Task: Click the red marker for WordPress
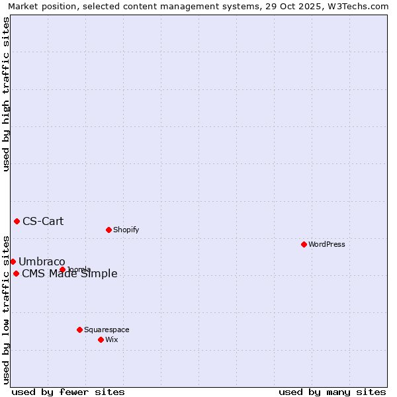[x=304, y=244]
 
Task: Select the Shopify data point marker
[x=109, y=230]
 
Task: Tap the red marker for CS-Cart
[x=17, y=221]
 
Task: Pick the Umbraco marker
[x=13, y=261]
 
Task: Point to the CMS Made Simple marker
[x=16, y=273]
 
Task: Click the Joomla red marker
[x=62, y=269]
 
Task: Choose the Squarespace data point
[x=79, y=330]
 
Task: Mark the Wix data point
[x=101, y=339]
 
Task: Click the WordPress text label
[x=327, y=244]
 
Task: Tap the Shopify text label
[x=126, y=230]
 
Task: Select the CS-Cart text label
[x=43, y=221]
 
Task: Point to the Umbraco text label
[x=42, y=261]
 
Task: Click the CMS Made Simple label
[x=69, y=274]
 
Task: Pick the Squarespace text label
[x=107, y=330]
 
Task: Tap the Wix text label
[x=111, y=339]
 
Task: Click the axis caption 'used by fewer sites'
[x=68, y=392]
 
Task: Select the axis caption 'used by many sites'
[x=332, y=392]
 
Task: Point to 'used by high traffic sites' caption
[x=7, y=94]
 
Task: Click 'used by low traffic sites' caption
[x=7, y=309]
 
